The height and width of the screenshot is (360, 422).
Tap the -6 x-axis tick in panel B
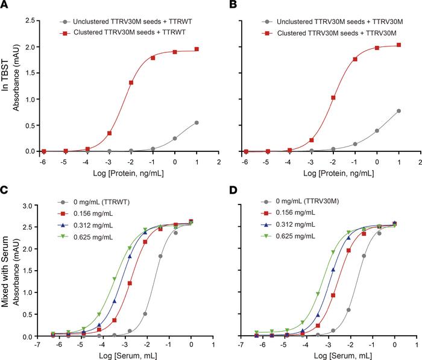click(x=245, y=162)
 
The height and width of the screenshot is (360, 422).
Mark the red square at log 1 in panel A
click(x=197, y=49)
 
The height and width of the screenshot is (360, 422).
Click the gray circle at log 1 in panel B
click(x=398, y=111)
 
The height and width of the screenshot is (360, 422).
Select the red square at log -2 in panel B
click(x=333, y=98)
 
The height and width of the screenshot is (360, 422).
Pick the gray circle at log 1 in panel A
click(x=197, y=122)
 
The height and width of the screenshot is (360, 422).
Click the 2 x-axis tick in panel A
click(x=218, y=162)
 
